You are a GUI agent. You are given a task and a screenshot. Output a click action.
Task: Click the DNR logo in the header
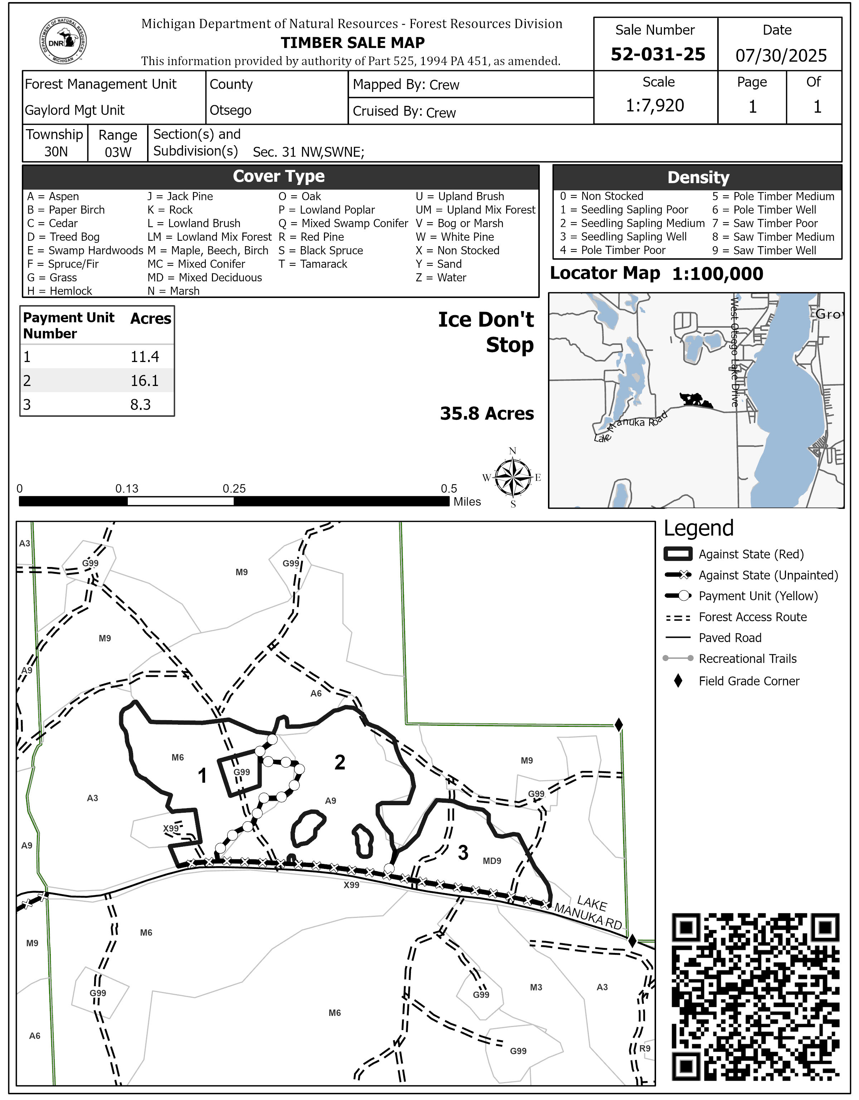coord(63,41)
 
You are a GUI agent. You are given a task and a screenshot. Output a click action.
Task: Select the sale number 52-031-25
coord(657,54)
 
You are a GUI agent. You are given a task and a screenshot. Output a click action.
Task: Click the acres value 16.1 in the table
coord(145,381)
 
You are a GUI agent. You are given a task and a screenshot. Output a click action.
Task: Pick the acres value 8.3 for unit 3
coord(141,405)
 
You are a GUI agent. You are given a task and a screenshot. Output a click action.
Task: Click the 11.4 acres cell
coord(145,357)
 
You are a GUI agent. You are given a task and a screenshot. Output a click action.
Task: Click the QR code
coord(755,996)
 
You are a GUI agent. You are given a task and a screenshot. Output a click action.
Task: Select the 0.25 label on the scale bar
coord(234,489)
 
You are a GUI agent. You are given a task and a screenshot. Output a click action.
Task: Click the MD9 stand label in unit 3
coord(492,861)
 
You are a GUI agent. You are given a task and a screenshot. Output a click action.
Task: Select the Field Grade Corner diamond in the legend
coord(678,681)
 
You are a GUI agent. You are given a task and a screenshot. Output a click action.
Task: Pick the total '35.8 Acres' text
coord(487,414)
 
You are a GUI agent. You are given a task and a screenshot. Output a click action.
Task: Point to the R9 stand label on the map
coord(645,1048)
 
